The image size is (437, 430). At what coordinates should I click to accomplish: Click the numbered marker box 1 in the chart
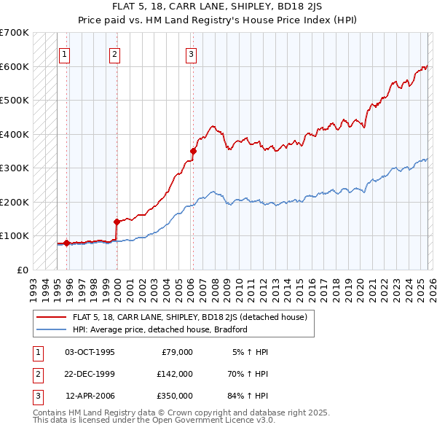[64, 53]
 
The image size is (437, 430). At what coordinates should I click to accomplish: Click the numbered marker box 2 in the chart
[115, 53]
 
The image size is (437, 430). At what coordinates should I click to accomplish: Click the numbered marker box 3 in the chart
[191, 53]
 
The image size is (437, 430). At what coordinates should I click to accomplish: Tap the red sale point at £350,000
[193, 151]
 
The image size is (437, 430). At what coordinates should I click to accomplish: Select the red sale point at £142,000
[117, 222]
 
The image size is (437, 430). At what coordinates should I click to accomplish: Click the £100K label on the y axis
[15, 235]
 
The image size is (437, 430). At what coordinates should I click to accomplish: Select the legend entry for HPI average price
[160, 329]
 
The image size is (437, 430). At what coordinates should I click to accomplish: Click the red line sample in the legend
[51, 317]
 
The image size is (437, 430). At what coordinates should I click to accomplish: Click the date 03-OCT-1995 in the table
[90, 352]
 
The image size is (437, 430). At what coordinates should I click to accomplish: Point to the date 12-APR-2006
[90, 396]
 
